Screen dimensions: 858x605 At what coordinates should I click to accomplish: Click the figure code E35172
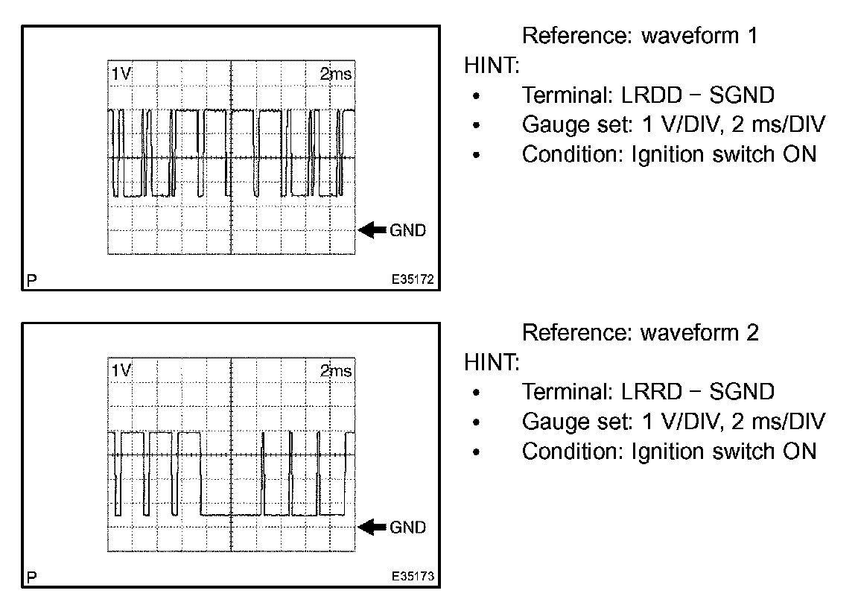click(413, 281)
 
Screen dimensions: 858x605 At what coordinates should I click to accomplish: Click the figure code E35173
click(413, 577)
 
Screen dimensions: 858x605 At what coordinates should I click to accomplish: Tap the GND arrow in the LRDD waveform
click(371, 230)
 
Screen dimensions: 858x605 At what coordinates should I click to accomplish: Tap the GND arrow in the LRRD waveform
click(371, 527)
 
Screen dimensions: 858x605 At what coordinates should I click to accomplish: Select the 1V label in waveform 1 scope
click(121, 74)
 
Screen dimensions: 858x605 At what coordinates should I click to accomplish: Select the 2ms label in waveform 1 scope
click(336, 74)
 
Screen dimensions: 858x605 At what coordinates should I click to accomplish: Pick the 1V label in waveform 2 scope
click(121, 370)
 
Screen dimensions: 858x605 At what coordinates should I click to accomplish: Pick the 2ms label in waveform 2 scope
click(336, 370)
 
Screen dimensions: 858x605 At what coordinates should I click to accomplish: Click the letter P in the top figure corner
click(31, 281)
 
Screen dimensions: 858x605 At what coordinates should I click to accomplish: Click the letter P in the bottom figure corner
click(31, 577)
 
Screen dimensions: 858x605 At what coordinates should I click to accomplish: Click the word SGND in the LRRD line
click(742, 392)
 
